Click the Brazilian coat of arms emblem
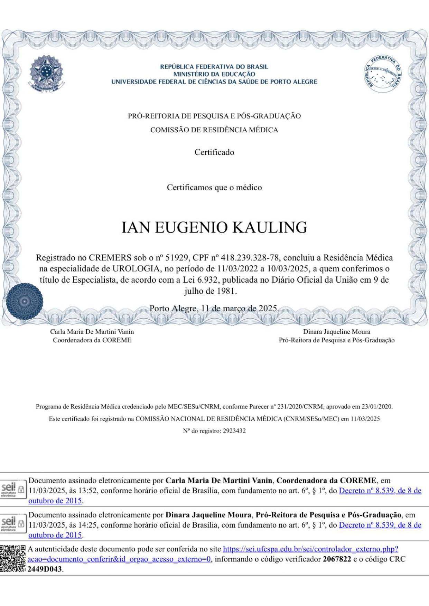coord(46,73)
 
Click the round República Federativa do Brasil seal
coord(383,73)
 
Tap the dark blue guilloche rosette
coord(24,301)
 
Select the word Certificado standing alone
coord(214,152)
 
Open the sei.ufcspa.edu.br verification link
coord(310,549)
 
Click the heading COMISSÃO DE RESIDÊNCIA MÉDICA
coord(214,130)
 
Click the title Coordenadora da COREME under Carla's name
coord(92,340)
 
